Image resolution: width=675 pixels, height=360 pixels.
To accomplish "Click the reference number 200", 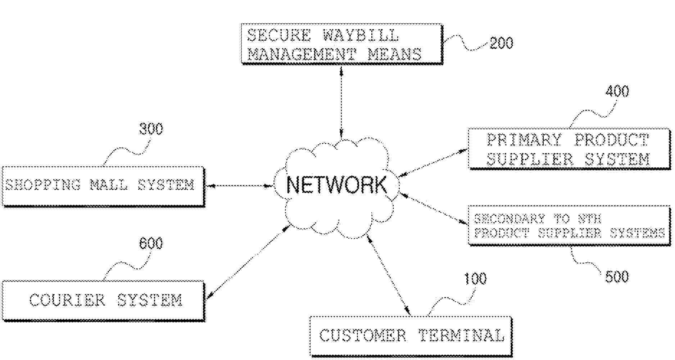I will (x=501, y=43).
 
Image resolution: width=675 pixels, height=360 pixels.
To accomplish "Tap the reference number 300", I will (x=151, y=129).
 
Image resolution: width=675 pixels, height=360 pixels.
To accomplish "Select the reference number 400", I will (x=617, y=91).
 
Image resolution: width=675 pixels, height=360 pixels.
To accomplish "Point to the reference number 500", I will (x=617, y=277).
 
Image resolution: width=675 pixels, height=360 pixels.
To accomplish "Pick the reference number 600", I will (x=151, y=244).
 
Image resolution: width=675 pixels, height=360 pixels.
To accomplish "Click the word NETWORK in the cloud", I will (x=336, y=185).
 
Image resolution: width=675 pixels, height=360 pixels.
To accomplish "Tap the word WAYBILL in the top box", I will (x=361, y=35).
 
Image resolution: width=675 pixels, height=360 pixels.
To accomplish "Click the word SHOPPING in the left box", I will (x=43, y=185).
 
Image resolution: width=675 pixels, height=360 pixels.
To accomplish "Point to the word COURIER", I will (x=67, y=300).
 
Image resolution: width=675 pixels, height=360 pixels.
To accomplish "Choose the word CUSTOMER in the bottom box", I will (x=363, y=336).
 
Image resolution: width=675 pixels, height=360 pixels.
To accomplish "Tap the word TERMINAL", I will (x=462, y=336).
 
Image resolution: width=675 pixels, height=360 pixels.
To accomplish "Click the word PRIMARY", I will (x=524, y=140).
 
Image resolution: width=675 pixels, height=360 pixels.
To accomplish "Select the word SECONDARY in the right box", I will (x=509, y=219).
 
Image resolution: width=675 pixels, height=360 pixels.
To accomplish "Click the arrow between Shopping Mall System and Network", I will (x=239, y=186).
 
